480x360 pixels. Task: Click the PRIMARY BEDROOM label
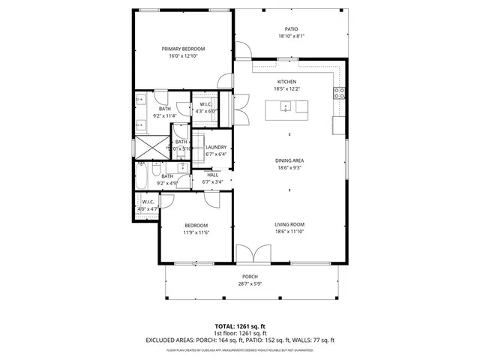[183, 49]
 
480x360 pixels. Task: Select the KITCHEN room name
[286, 82]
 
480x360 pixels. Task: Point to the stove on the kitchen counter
[339, 93]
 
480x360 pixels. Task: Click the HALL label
[212, 174]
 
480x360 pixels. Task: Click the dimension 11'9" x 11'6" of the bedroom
[196, 232]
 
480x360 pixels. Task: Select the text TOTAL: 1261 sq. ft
[240, 326]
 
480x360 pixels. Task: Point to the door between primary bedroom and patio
[241, 51]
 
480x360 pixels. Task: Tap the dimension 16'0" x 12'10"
[183, 56]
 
